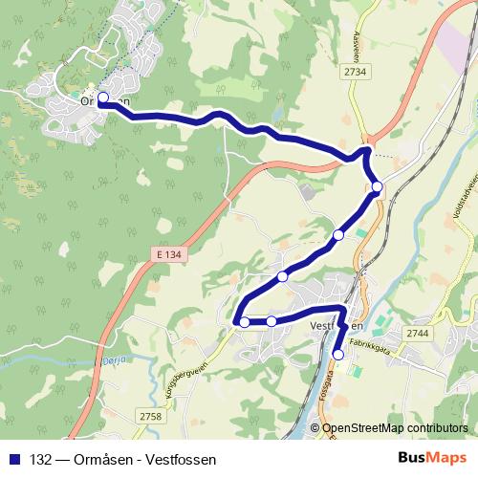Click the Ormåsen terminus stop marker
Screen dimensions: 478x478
coord(102,97)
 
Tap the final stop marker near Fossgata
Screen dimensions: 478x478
coord(337,355)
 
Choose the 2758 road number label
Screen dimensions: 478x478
coord(151,416)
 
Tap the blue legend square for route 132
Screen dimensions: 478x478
coord(13,458)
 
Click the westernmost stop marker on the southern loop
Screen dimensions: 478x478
coord(245,322)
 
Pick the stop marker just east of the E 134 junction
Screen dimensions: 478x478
coord(378,186)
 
